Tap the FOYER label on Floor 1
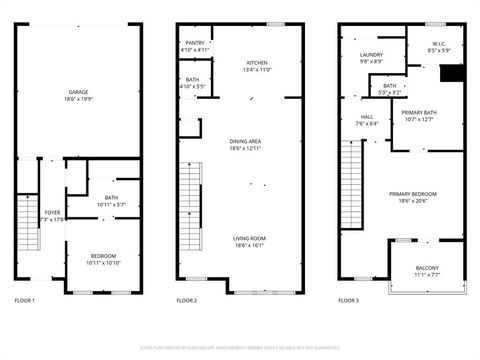(51, 213)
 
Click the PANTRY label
(195, 44)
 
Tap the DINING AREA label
(245, 141)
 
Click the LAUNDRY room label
(370, 55)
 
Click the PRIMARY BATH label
(418, 114)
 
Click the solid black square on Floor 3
(452, 75)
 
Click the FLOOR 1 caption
(25, 300)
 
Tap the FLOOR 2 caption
(187, 300)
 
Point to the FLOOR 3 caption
(349, 300)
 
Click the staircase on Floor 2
(190, 196)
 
